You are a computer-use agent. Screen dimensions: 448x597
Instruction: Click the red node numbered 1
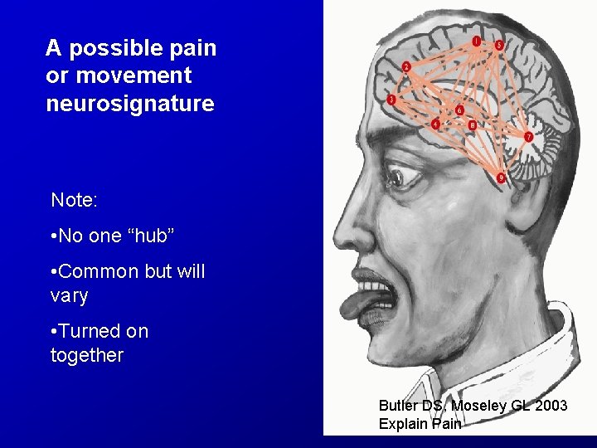click(477, 41)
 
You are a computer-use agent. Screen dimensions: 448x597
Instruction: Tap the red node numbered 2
click(406, 66)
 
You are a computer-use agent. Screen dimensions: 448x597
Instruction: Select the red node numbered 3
click(391, 100)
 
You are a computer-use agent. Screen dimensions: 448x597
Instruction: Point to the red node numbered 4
click(436, 124)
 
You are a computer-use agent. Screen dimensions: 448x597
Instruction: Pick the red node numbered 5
click(498, 46)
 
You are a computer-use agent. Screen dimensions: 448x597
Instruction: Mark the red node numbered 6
click(459, 110)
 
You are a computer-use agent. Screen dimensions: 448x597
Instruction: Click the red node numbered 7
click(528, 136)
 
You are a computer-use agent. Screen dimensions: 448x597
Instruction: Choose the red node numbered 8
click(472, 125)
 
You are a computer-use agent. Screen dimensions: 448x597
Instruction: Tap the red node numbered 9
click(502, 178)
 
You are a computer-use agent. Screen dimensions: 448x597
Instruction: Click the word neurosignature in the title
click(130, 104)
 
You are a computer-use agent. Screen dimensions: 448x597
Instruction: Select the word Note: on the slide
click(75, 200)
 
